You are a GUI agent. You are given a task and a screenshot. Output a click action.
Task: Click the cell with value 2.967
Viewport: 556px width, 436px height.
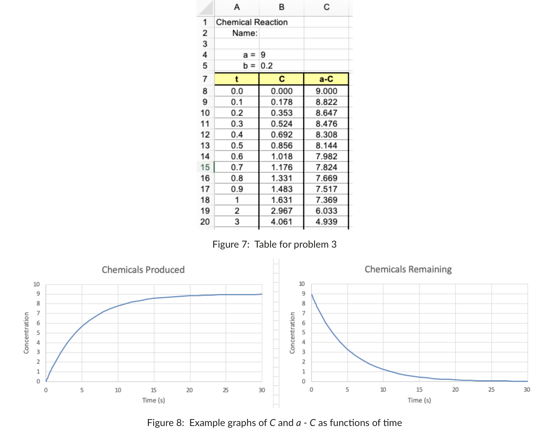(x=281, y=211)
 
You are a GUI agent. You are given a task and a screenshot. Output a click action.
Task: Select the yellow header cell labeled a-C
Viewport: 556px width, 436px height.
(x=326, y=79)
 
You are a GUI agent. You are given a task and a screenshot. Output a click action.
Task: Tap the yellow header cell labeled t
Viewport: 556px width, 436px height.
(x=237, y=79)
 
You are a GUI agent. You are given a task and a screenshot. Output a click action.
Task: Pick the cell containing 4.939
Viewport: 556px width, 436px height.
(x=326, y=222)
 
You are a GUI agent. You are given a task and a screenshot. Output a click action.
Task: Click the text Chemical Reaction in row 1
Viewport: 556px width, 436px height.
(x=252, y=22)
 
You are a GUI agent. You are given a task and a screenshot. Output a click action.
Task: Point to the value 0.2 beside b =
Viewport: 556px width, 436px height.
(x=267, y=66)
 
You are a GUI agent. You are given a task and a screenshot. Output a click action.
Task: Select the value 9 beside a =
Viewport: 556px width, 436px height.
(x=263, y=55)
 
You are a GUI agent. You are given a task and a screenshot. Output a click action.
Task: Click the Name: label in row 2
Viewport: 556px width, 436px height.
(x=245, y=33)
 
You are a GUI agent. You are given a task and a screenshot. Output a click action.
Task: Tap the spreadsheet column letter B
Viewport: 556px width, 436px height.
(x=281, y=7)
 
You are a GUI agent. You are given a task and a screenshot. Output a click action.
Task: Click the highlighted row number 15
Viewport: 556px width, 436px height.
(x=205, y=167)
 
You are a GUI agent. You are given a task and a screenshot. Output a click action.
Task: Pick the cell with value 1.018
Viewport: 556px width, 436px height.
(x=281, y=156)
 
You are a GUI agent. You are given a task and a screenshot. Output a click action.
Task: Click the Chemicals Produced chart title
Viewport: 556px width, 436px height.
(x=143, y=269)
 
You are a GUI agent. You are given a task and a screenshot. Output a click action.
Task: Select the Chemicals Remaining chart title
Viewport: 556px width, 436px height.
(x=408, y=269)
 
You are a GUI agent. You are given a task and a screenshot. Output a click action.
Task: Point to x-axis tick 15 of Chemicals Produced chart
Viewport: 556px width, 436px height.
(x=154, y=390)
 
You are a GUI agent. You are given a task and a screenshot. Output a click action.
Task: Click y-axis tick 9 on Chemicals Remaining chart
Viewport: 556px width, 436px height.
(x=303, y=294)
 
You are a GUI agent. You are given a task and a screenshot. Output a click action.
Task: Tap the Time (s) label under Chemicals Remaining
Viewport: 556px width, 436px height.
(x=419, y=400)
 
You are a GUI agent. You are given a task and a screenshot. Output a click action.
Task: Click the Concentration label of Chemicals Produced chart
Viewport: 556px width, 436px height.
(x=26, y=333)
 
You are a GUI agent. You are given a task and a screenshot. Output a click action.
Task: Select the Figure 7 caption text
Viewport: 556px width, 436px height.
(x=274, y=244)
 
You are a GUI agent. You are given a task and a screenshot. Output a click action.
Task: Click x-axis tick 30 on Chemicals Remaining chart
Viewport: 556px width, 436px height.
(x=527, y=389)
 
